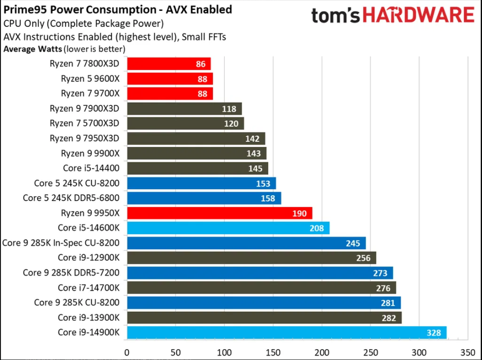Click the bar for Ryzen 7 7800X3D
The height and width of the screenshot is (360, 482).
[169, 64]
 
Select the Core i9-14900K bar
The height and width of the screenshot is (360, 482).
[287, 333]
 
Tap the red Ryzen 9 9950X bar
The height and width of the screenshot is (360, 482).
[220, 213]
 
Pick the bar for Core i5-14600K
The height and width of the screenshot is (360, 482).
[228, 228]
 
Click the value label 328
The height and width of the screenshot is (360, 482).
[434, 333]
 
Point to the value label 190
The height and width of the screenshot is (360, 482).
[299, 213]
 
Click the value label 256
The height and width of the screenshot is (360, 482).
[363, 258]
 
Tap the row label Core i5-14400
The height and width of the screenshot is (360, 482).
[91, 168]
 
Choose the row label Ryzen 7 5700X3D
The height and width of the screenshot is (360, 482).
[84, 123]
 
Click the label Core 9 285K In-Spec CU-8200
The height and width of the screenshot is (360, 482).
[61, 243]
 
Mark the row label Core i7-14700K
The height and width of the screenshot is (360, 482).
[88, 288]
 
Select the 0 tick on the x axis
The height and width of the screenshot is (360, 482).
[127, 351]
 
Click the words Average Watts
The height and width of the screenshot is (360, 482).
[33, 49]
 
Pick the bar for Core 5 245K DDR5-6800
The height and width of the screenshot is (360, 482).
[204, 198]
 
